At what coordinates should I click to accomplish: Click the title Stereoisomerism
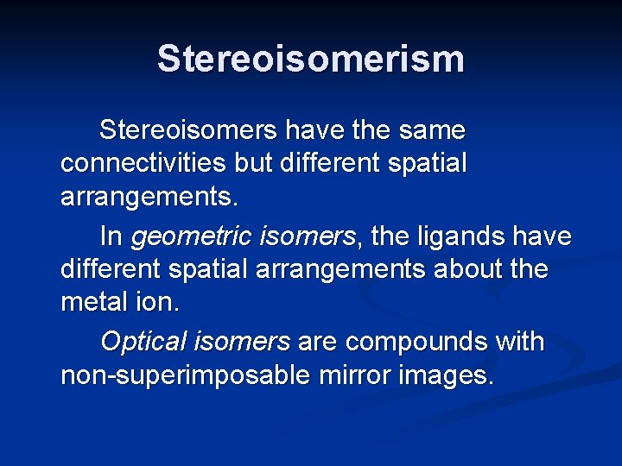tap(311, 60)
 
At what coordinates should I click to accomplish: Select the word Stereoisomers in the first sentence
tap(187, 131)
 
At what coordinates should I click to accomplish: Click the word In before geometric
tap(111, 236)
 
